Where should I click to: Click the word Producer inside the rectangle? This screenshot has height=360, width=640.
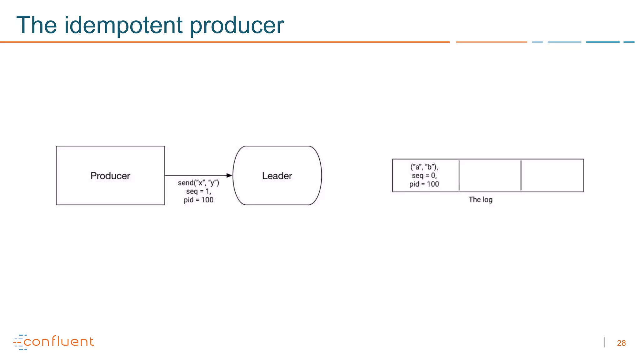[110, 176]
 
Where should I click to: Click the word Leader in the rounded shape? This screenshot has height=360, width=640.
[277, 176]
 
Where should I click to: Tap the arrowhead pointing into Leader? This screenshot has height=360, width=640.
[229, 176]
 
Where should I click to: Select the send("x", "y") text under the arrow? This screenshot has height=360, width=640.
[198, 183]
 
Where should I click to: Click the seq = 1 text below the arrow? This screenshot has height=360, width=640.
[198, 191]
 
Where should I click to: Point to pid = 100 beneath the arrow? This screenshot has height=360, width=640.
[198, 200]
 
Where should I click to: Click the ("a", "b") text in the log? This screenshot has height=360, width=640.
[424, 167]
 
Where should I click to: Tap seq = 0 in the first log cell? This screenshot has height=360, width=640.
[424, 176]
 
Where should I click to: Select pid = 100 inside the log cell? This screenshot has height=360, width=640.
[424, 184]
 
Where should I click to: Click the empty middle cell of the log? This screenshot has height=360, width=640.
[490, 176]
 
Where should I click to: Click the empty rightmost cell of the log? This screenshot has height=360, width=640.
[552, 176]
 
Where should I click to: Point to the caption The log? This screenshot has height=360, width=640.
[480, 199]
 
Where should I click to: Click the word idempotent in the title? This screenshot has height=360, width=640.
[123, 25]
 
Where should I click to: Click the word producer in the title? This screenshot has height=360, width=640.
[237, 25]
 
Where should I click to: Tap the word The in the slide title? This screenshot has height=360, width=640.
[37, 25]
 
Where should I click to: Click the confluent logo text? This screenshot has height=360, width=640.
[59, 342]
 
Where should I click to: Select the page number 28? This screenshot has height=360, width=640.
[621, 343]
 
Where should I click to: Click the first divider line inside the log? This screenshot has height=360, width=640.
[459, 176]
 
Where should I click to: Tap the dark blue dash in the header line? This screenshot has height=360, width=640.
[602, 42]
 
